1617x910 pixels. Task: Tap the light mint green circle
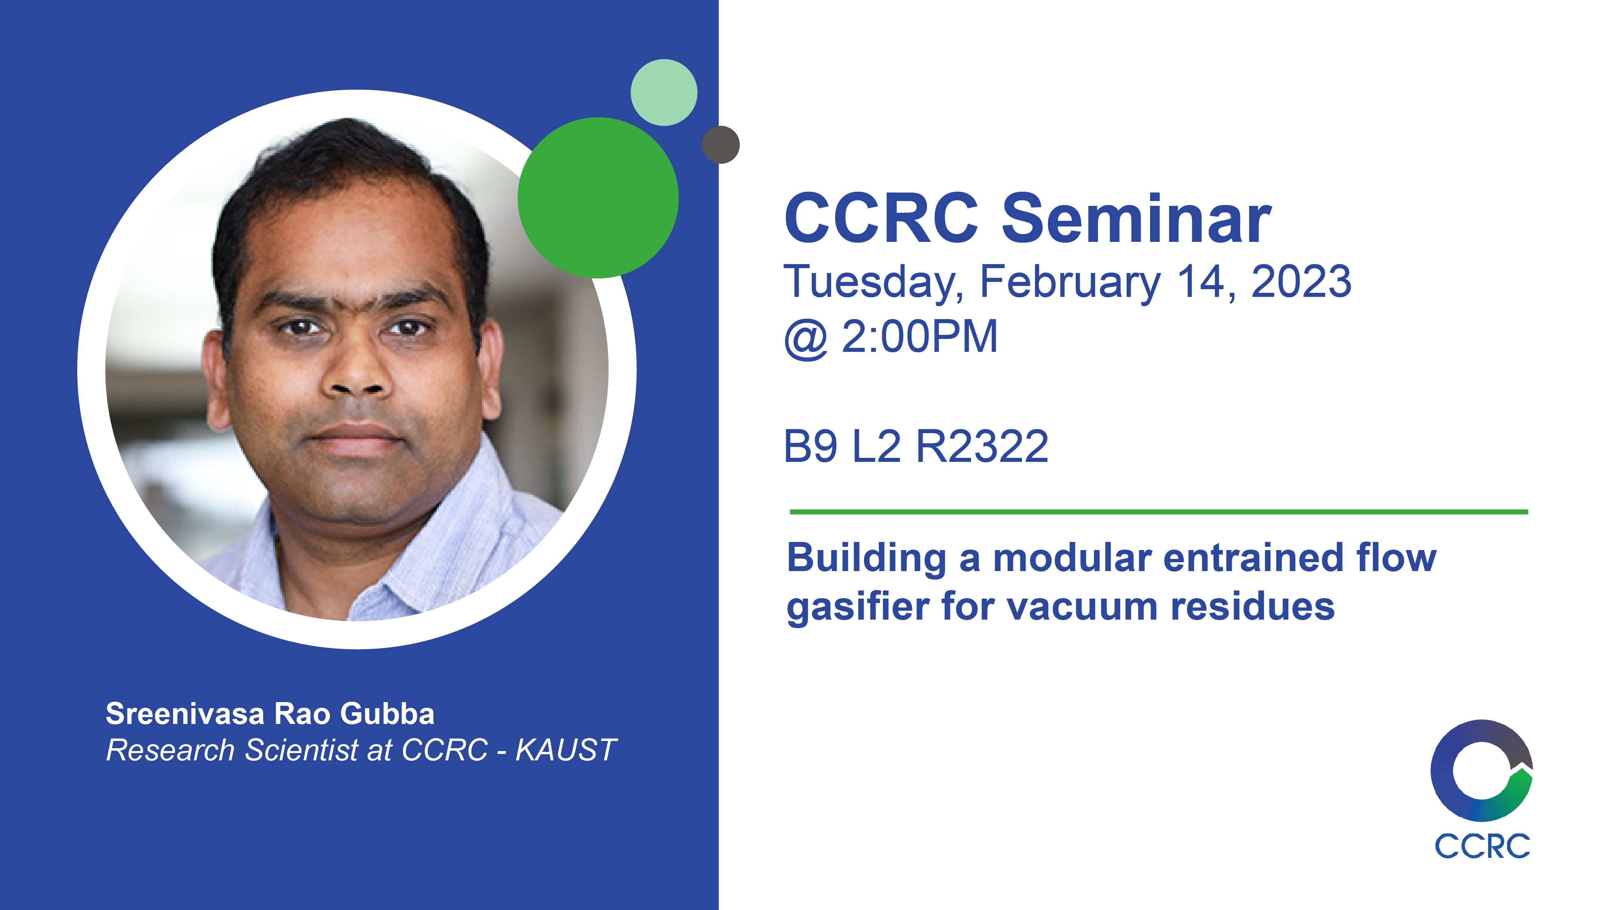click(x=663, y=92)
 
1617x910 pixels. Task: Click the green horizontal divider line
click(x=1159, y=512)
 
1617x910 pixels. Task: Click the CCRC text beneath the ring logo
click(x=1482, y=847)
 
